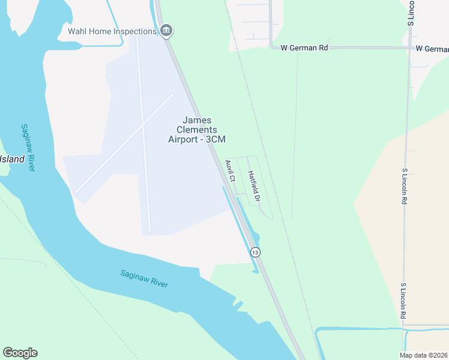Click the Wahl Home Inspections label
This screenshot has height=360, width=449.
[112, 31]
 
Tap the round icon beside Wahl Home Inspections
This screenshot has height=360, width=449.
[167, 31]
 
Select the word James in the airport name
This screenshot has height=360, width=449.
[197, 120]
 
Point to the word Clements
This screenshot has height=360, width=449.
[197, 130]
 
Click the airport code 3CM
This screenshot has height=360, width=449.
[215, 139]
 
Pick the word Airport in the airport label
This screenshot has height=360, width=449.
[184, 139]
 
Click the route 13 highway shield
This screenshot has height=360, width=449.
[255, 253]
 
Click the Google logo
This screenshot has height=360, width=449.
[20, 353]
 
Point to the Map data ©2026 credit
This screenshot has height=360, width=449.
[423, 355]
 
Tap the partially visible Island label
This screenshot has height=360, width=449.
[12, 159]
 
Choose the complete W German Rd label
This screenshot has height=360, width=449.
[305, 48]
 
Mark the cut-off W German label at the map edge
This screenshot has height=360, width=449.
[432, 48]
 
